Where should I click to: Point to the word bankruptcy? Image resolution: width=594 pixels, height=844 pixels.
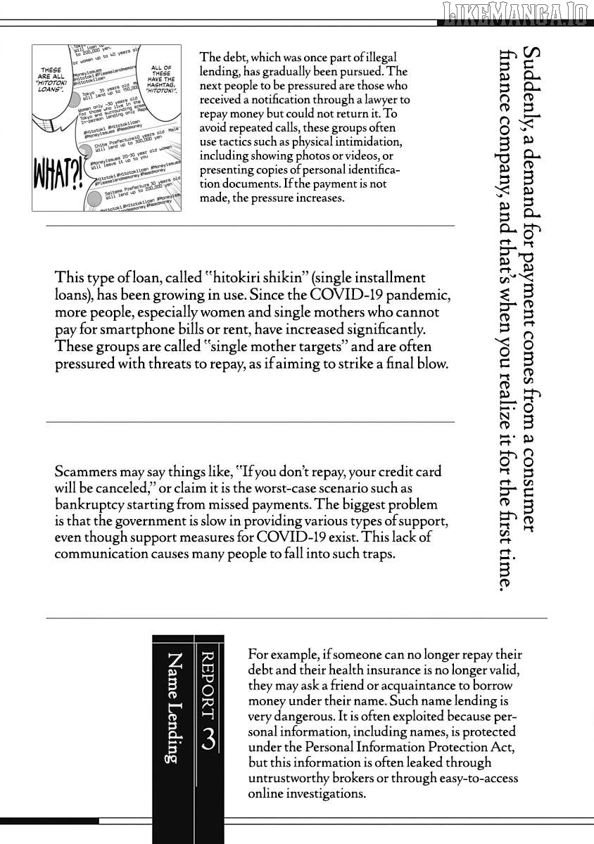pyautogui.click(x=89, y=506)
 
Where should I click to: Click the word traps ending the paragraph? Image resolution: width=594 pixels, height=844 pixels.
pyautogui.click(x=377, y=554)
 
